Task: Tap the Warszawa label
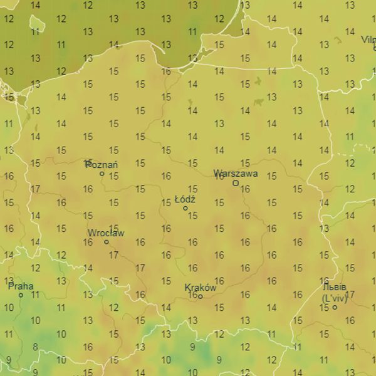(235, 173)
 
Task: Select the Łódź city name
(185, 199)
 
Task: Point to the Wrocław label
(106, 233)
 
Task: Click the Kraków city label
(201, 288)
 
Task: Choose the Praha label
(21, 286)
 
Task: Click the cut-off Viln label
(368, 39)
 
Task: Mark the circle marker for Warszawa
(236, 183)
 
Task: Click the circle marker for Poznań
(102, 174)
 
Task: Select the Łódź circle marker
(185, 208)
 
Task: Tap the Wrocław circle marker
(106, 242)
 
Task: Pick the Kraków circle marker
(200, 296)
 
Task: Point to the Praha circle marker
(21, 295)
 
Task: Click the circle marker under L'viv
(335, 307)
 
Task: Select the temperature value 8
(35, 347)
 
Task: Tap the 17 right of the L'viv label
(350, 295)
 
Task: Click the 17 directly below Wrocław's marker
(113, 255)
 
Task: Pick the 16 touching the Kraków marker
(193, 295)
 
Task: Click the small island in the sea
(38, 24)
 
